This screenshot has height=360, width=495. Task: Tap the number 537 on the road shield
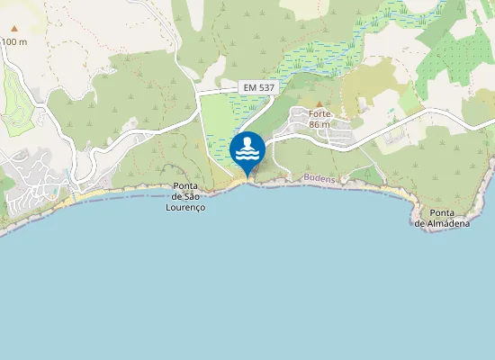[265, 87]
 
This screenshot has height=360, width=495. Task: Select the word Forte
[320, 114]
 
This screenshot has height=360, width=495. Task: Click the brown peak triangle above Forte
[319, 104]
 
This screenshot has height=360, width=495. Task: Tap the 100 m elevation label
[14, 41]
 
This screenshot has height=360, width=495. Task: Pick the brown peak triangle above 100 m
[13, 29]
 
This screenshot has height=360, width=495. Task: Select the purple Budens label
[319, 179]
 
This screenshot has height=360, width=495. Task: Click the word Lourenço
[186, 207]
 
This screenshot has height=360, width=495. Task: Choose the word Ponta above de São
[186, 187]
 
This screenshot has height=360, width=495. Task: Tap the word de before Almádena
[420, 223]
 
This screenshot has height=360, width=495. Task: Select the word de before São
[177, 197]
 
